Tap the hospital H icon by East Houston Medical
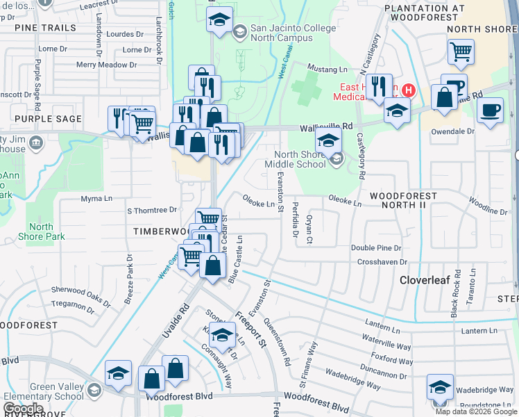(409, 90)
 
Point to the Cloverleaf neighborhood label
(425, 280)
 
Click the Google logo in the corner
(23, 409)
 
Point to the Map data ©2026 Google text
(476, 411)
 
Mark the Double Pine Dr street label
(376, 247)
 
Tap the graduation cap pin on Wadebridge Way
(440, 387)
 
